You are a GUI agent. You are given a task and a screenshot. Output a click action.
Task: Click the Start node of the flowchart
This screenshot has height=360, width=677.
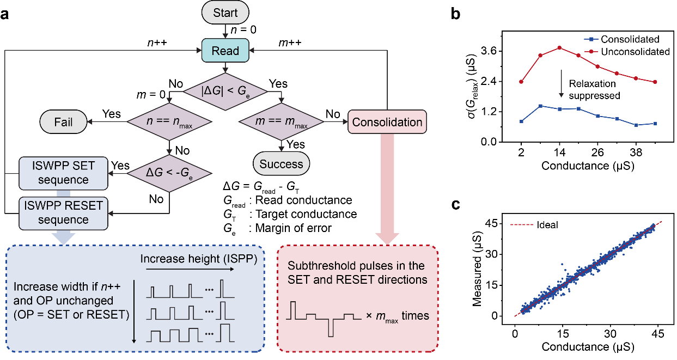click(x=225, y=13)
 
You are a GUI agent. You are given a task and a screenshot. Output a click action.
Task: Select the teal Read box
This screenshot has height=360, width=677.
click(x=225, y=51)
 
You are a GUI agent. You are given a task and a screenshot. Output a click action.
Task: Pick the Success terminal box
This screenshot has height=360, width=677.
click(x=281, y=164)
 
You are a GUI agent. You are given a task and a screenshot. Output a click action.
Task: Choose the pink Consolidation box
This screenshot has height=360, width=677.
click(x=387, y=122)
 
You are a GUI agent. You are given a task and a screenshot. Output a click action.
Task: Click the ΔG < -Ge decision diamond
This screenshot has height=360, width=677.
click(x=170, y=173)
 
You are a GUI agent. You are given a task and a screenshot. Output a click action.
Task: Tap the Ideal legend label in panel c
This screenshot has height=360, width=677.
click(x=548, y=224)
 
